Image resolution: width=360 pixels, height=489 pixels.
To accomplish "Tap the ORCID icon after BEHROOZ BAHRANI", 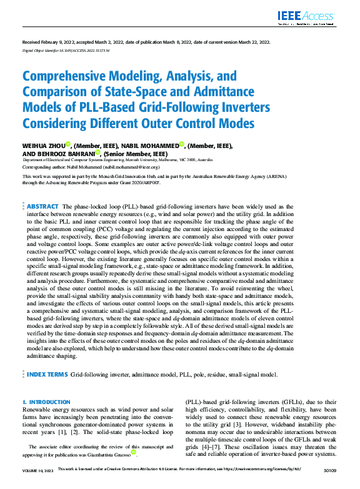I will (x=98, y=152).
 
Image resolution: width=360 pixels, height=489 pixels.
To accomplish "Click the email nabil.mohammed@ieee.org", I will (x=131, y=168).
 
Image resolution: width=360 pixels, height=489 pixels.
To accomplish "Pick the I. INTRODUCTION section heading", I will (x=46, y=402).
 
